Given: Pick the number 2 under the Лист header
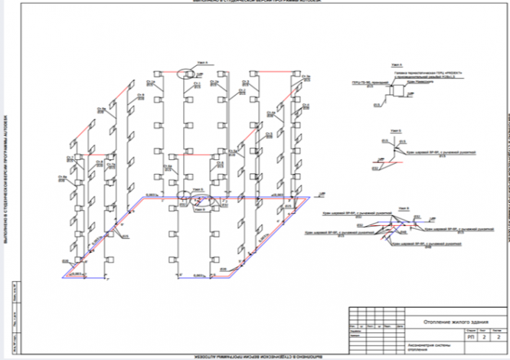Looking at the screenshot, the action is (x=484, y=337).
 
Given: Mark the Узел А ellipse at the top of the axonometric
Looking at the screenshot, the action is (x=188, y=74).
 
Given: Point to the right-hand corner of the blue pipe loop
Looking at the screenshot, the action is (x=309, y=198).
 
